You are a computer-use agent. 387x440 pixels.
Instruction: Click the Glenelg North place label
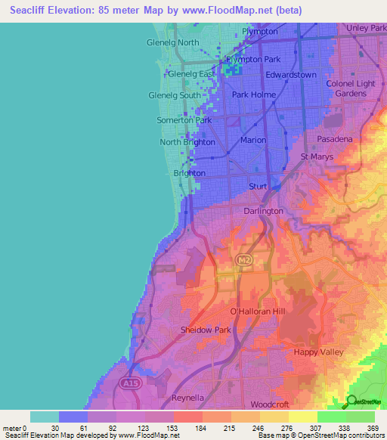pyautogui.click(x=172, y=42)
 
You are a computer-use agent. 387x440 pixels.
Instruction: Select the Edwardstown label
pyautogui.click(x=291, y=75)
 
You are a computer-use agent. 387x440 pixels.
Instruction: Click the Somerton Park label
pyautogui.click(x=184, y=120)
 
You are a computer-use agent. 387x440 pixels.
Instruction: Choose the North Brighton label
pyautogui.click(x=186, y=142)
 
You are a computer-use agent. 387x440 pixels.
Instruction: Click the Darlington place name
pyautogui.click(x=263, y=211)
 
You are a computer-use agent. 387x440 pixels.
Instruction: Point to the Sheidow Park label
pyautogui.click(x=206, y=330)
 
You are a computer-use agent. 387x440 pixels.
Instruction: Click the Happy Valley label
pyautogui.click(x=320, y=352)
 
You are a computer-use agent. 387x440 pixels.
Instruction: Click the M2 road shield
pyautogui.click(x=243, y=260)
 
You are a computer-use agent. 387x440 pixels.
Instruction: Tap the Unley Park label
pyautogui.click(x=366, y=28)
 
